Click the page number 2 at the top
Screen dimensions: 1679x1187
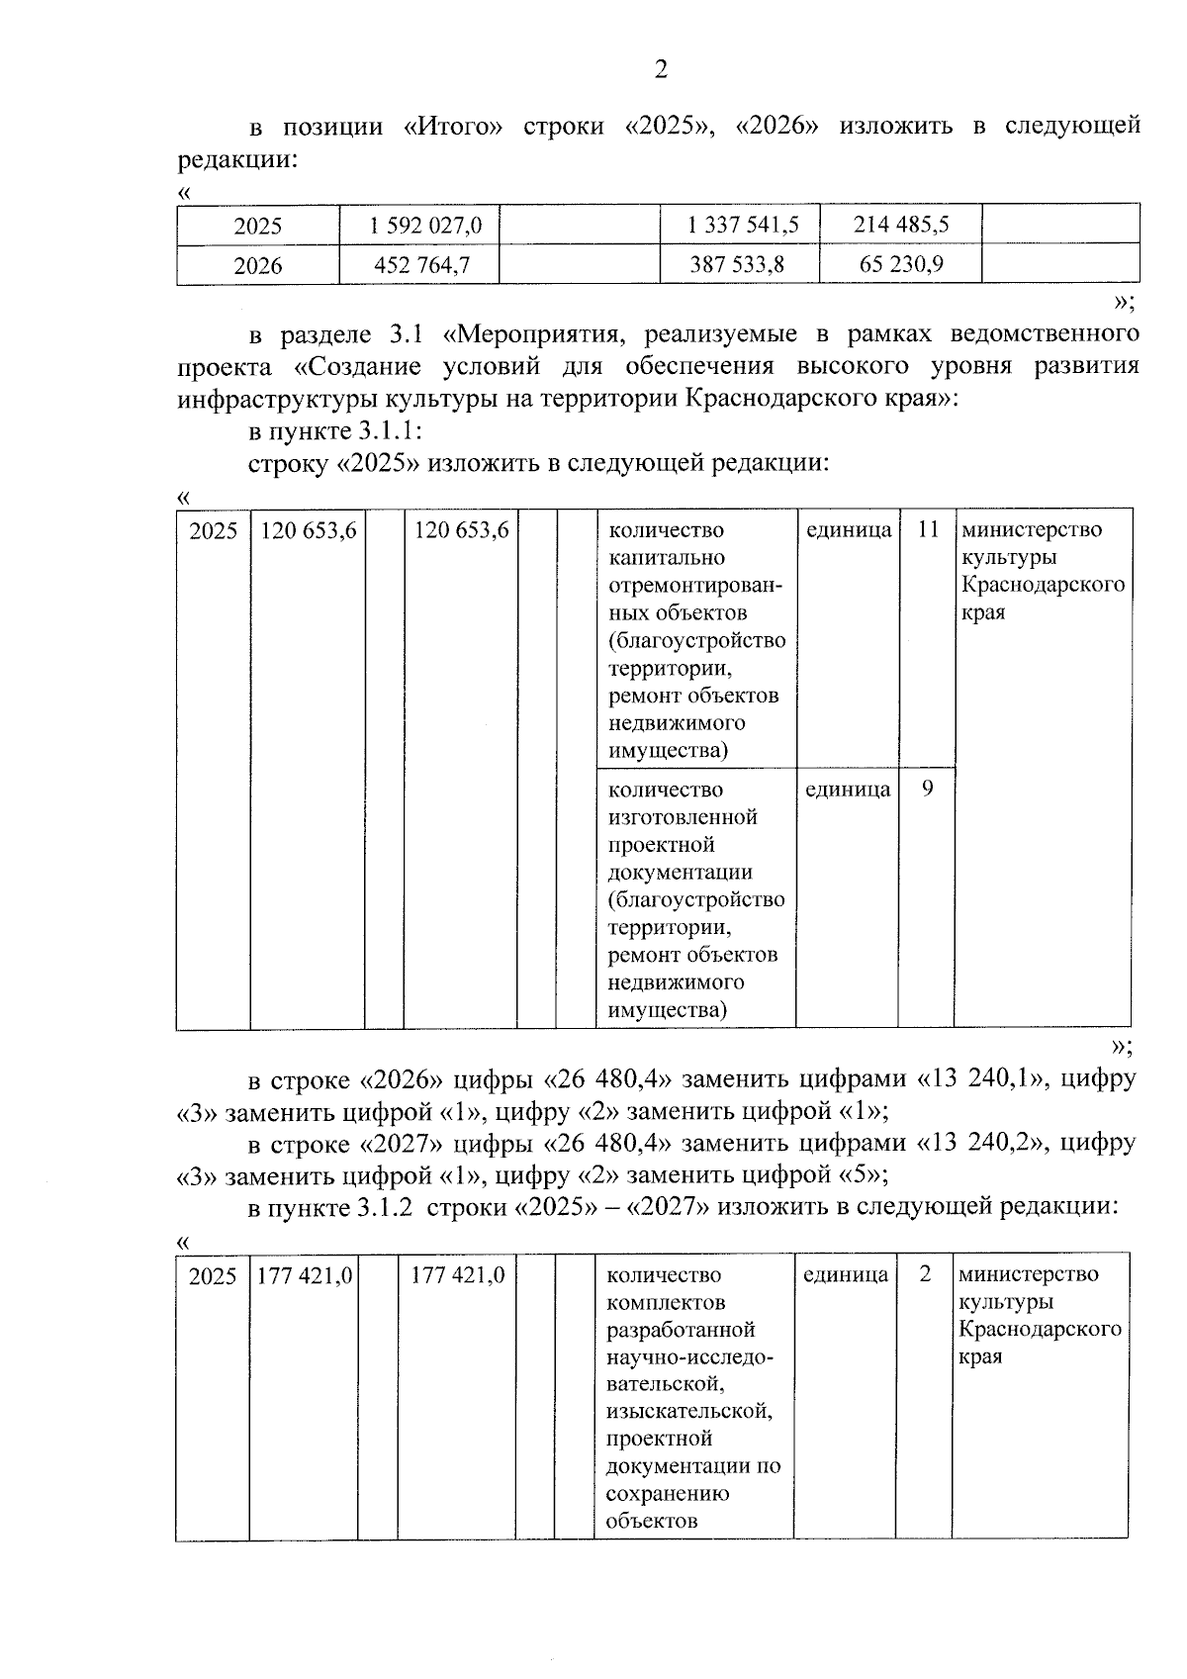661,69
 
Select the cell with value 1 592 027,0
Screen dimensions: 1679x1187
426,226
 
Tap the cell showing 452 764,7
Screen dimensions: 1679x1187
422,266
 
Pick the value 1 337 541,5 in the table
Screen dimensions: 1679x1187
743,226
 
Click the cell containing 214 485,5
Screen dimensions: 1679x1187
901,225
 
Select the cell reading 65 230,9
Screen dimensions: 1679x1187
901,265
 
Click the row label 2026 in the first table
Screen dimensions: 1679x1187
258,266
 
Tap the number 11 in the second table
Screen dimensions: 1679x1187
927,529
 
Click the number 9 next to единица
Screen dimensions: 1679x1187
927,790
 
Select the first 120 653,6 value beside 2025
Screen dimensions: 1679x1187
308,530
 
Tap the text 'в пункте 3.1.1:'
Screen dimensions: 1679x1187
335,431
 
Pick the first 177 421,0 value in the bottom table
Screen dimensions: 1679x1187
305,1276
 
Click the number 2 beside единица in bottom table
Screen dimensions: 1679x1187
925,1274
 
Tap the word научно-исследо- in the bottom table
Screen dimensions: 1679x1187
689,1356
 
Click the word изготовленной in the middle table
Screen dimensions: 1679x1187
683,817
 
